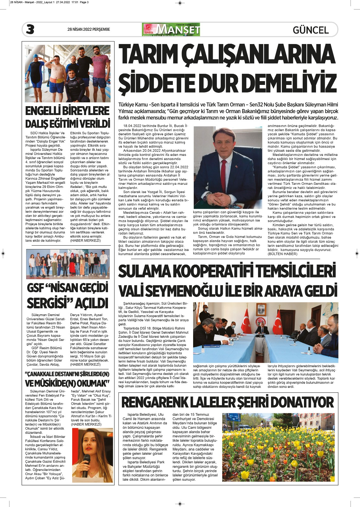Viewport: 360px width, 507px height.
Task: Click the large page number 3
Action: pyautogui.click(x=30, y=29)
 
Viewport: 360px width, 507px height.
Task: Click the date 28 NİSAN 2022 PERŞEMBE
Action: pyautogui.click(x=89, y=29)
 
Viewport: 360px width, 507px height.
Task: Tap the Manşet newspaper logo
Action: pyautogui.click(x=171, y=29)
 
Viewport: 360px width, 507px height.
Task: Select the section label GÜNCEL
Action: pyautogui.click(x=311, y=30)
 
